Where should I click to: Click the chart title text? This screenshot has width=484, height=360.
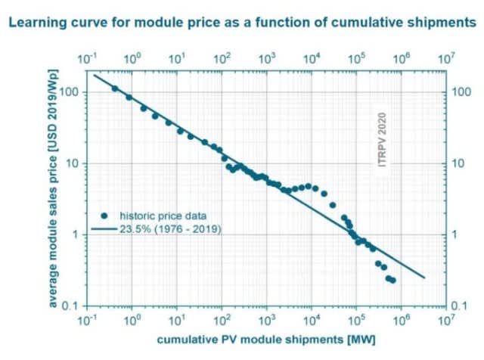243,23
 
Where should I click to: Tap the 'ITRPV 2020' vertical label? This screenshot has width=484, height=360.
383,144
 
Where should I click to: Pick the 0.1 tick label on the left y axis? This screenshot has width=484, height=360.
72,306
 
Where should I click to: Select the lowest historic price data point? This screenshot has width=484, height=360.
393,281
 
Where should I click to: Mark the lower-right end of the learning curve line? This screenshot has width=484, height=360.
425,278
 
